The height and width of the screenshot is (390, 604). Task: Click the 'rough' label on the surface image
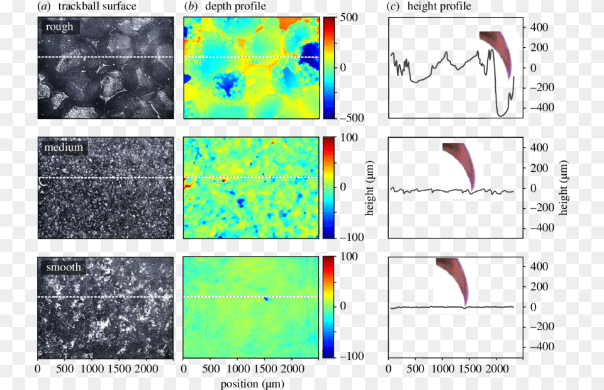point(59,27)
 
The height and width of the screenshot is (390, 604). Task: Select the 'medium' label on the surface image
point(64,147)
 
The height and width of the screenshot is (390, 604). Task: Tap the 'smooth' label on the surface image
point(64,267)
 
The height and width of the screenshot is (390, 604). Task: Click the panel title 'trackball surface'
point(97,6)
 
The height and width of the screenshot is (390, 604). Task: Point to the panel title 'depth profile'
point(235,6)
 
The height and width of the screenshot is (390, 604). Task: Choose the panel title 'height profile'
point(439,6)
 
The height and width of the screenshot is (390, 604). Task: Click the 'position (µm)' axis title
point(252,384)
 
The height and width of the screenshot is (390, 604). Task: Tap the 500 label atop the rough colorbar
point(349,18)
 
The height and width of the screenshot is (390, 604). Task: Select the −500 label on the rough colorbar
point(352,118)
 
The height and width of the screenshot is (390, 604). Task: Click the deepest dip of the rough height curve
point(501,115)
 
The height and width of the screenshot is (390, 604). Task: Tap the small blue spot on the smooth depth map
point(266,298)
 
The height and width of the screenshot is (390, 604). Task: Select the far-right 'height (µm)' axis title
point(563,187)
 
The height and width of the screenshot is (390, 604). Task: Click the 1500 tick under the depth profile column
point(265,369)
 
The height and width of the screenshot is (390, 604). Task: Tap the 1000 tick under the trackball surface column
point(92,369)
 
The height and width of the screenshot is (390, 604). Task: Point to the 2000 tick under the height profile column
point(497,369)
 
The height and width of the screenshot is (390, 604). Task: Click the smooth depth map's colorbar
point(329,307)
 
